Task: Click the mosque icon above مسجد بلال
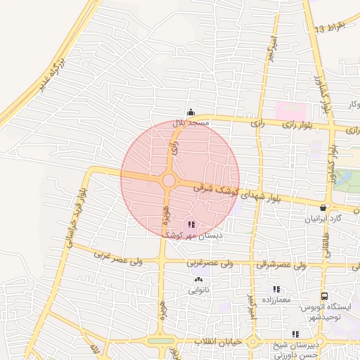point(191,112)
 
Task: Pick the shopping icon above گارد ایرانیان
point(323,208)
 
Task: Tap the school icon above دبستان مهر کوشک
point(191,225)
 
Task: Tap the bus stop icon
point(324,297)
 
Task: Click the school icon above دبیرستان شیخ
point(295,335)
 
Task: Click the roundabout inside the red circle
point(169,181)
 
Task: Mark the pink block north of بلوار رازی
point(291,112)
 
